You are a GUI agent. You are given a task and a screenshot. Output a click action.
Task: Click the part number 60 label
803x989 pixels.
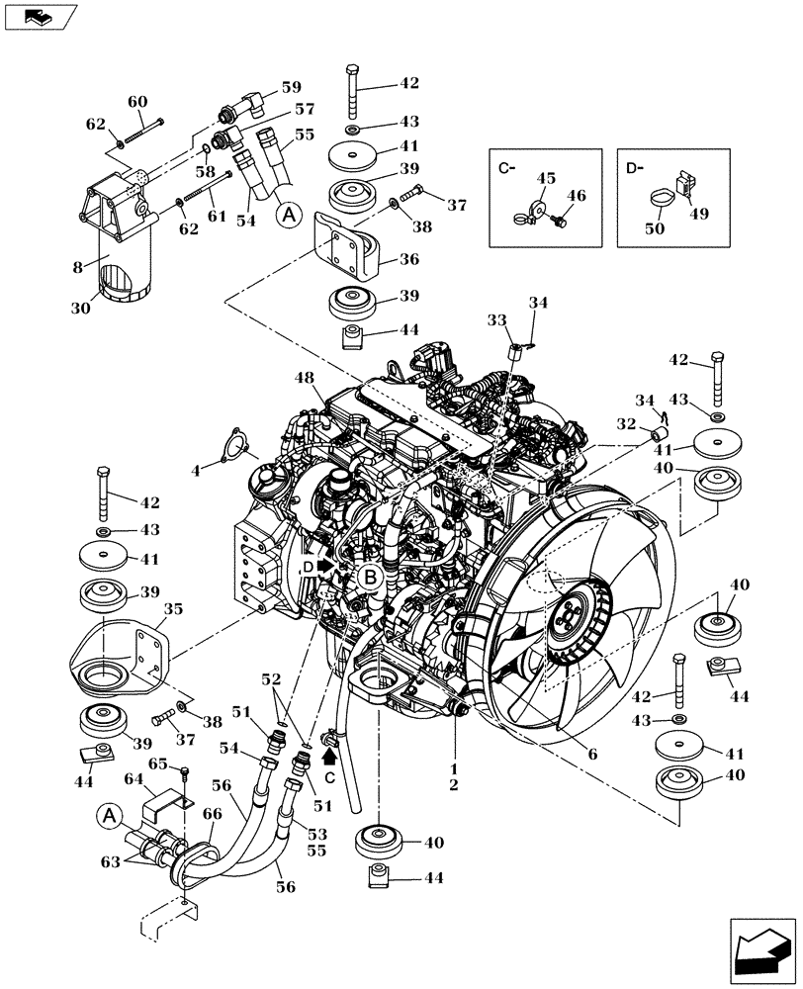click(x=137, y=101)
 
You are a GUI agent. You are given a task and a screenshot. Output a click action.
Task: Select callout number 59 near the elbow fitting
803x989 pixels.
click(x=263, y=86)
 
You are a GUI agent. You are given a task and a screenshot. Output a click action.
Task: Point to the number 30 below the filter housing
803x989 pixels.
click(x=80, y=308)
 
